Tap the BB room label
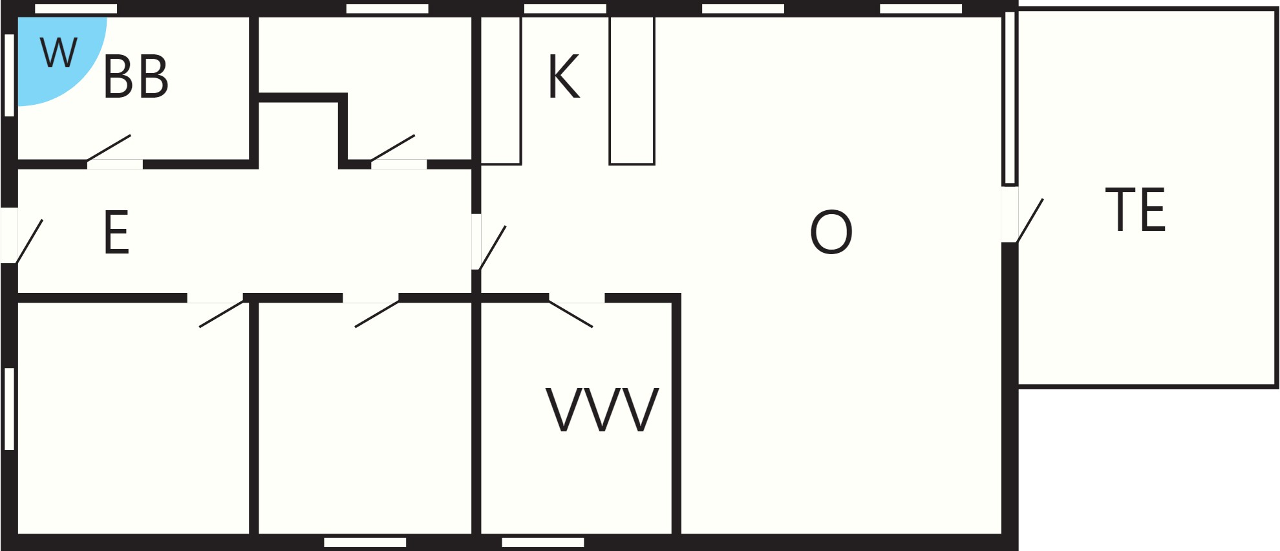[x=136, y=77]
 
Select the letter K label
[x=564, y=77]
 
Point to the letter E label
[x=116, y=232]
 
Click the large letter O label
[x=831, y=232]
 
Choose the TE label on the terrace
[x=1135, y=210]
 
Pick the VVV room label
[x=603, y=410]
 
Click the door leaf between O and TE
[x=1030, y=221]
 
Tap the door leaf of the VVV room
[x=571, y=314]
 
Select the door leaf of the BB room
[x=109, y=148]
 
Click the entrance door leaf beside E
[x=29, y=241]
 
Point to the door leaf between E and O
[x=492, y=248]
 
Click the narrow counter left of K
[x=501, y=91]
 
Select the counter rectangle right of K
[x=632, y=91]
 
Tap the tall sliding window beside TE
[x=1010, y=98]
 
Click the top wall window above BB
[x=76, y=8]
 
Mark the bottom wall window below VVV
[x=543, y=543]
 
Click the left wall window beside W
[x=9, y=75]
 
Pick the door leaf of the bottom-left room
[x=222, y=314]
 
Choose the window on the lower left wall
[x=9, y=409]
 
